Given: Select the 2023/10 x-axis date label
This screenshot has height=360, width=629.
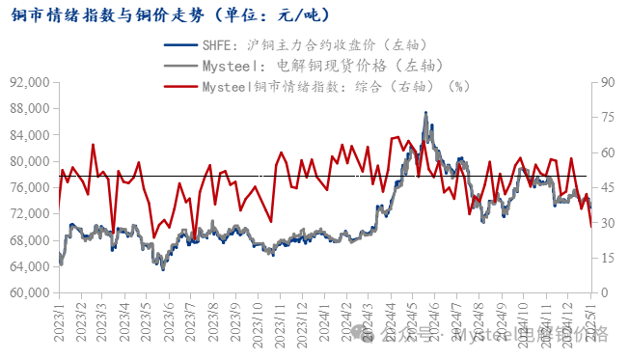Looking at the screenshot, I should coord(257,322).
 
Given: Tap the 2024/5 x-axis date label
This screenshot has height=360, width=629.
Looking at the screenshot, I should coord(413,322).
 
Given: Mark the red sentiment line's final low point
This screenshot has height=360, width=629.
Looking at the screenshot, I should coord(591,225).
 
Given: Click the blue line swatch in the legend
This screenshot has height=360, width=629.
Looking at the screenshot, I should coord(179,45).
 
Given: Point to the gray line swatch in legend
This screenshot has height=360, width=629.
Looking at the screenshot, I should coord(179,66).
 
